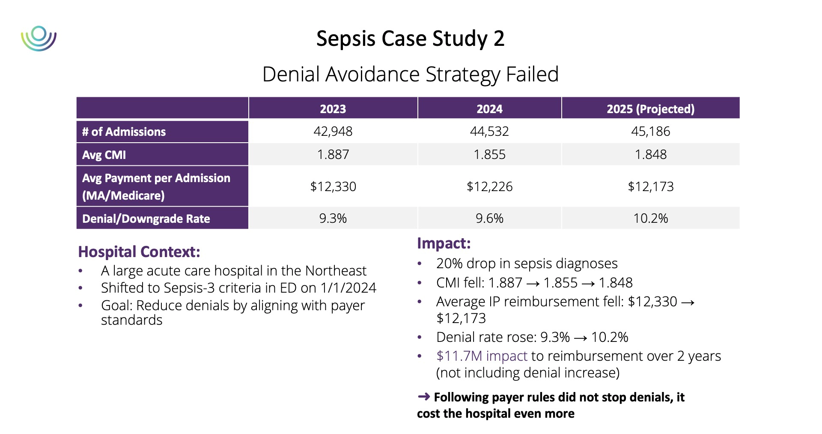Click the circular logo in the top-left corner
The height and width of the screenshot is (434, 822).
pos(39,39)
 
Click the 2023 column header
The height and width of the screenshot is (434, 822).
pos(333,109)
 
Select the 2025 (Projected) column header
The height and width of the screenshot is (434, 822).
pos(650,109)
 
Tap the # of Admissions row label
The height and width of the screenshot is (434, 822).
pos(124,132)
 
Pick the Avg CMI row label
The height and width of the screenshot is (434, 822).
pos(104,155)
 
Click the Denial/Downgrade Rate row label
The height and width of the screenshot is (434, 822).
pos(146,218)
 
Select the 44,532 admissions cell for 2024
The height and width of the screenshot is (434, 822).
pos(489,131)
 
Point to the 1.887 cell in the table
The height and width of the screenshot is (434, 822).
pos(333,154)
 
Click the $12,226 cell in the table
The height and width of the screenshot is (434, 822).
pos(489,186)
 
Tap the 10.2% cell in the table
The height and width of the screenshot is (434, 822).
pos(650,218)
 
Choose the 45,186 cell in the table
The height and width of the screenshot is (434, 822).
pos(650,131)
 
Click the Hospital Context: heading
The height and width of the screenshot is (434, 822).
pos(139,252)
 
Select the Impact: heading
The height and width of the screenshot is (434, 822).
pos(444,243)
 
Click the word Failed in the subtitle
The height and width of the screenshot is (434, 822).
pos(532,74)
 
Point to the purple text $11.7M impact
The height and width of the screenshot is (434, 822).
pos(482,356)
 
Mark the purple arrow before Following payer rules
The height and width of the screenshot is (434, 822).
pos(423,397)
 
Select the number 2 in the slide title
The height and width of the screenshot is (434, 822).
pos(499,39)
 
